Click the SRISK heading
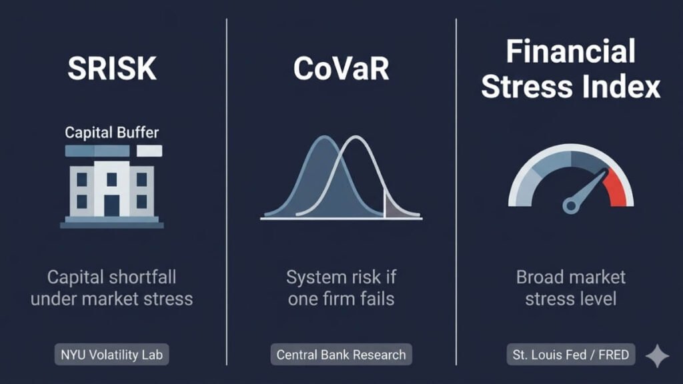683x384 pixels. coord(112,69)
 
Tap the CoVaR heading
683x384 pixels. coord(341,69)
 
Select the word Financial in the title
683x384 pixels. coord(570,51)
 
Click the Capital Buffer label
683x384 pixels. coord(112,132)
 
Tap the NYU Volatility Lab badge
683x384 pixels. coord(112,355)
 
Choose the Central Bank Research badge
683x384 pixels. coord(341,355)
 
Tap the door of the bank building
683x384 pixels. coord(112,204)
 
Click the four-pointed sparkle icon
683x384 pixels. coord(657,357)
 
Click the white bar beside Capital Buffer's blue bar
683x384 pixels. coord(148,151)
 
